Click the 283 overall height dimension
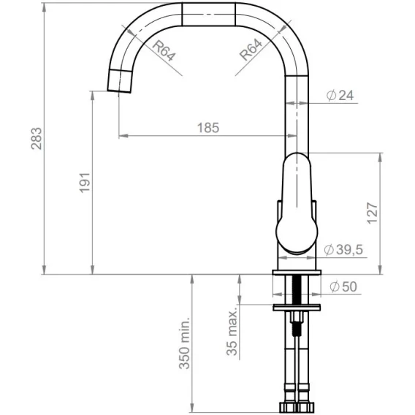pos(37,139)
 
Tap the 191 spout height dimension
pos(85,183)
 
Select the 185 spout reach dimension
pos(208,128)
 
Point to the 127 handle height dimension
pos(373,213)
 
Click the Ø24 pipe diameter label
pos(340,95)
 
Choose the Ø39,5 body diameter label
pos(343,249)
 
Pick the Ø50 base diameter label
pos(343,286)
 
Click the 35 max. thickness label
pos(232,332)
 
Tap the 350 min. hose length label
pos(184,343)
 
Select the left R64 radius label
pos(164,50)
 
